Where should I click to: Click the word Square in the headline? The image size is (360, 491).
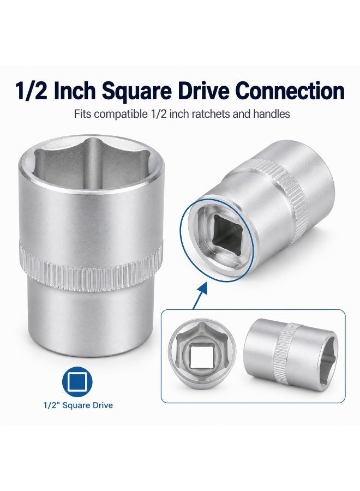coord(137,91)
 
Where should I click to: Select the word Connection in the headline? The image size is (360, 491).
coord(290,91)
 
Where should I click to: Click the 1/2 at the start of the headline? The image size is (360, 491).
coord(31,91)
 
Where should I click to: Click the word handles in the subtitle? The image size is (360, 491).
coord(272,114)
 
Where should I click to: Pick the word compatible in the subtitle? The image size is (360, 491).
coord(121,115)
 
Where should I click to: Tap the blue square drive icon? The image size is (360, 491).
coord(77,382)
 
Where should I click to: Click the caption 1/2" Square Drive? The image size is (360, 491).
coord(78,405)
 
